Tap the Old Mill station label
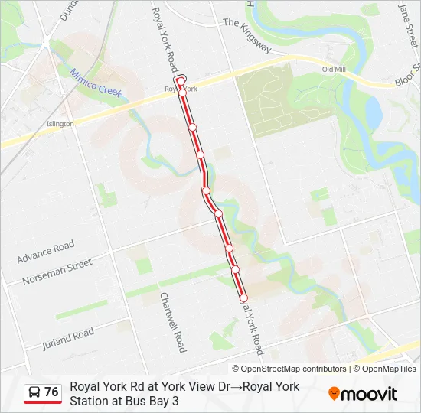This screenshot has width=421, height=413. (x=335, y=70)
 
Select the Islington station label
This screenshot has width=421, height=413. (x=60, y=123)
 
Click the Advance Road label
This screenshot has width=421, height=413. (x=46, y=252)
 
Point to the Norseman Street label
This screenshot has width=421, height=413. (x=57, y=270)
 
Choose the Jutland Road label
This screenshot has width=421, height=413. (x=68, y=337)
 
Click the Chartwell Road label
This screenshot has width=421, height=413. (x=171, y=321)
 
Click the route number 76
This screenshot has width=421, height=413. (x=51, y=392)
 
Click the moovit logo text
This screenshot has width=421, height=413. (x=369, y=395)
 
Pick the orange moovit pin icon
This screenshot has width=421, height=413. (x=334, y=394)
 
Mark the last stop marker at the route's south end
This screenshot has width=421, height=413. (x=244, y=298)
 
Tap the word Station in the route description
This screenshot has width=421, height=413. (x=91, y=400)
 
